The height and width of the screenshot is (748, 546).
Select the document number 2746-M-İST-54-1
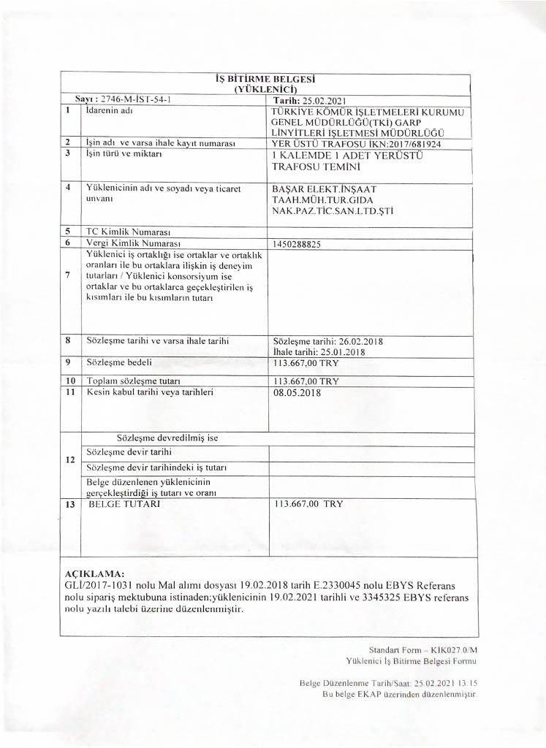(134, 99)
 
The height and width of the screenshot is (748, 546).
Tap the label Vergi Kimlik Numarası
(133, 242)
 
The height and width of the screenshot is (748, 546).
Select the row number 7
(67, 275)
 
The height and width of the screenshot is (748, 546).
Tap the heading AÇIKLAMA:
(94, 574)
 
